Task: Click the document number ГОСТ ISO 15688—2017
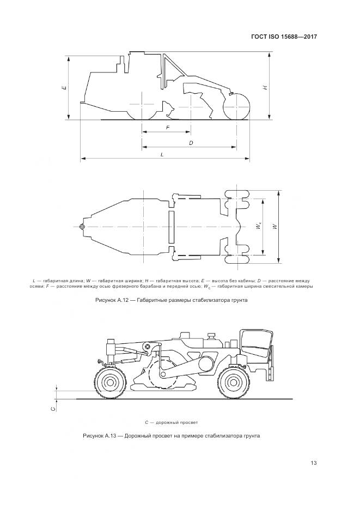click(283, 37)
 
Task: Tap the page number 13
click(314, 463)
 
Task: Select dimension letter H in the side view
click(265, 87)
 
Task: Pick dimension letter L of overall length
click(162, 155)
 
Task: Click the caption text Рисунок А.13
click(100, 436)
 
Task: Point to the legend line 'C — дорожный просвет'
click(171, 422)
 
